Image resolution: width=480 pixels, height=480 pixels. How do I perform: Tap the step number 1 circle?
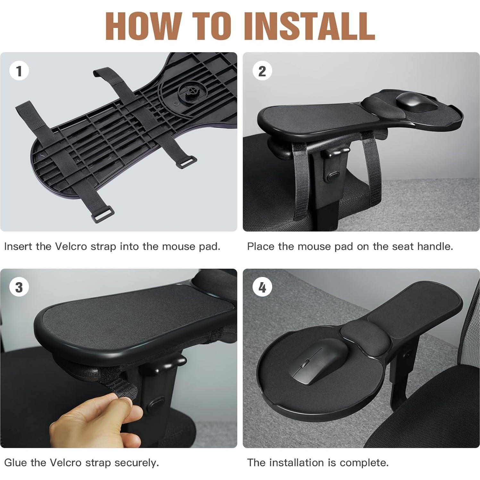(19, 71)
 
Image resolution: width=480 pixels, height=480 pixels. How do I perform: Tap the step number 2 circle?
(262, 71)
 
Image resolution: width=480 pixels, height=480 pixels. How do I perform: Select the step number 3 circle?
(19, 287)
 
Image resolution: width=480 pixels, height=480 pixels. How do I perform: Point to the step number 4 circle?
(262, 287)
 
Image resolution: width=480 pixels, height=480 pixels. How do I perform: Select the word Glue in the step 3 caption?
(16, 463)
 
